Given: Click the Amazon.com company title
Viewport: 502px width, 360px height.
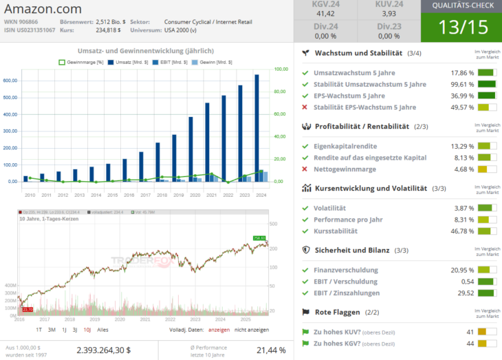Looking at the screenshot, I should (x=42, y=9).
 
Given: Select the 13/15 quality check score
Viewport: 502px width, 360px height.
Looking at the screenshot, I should (x=461, y=28).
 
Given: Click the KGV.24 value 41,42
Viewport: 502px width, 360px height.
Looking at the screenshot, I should (x=325, y=13).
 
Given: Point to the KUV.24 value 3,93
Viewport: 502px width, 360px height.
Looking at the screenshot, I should (x=389, y=13).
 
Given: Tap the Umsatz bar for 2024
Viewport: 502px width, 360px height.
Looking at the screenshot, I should (x=257, y=127).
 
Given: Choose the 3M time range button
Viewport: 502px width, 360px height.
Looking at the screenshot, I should (x=52, y=330).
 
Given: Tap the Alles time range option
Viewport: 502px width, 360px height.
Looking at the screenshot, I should (x=103, y=330).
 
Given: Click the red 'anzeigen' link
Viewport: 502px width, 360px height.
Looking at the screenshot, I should (x=219, y=330).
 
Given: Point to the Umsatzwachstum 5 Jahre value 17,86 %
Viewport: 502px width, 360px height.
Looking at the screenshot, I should (x=462, y=72).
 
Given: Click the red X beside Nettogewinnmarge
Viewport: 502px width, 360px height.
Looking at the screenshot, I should (x=305, y=169).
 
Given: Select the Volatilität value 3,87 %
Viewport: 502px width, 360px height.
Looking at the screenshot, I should (x=462, y=208).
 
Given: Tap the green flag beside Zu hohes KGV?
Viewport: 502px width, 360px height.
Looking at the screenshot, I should (x=305, y=343).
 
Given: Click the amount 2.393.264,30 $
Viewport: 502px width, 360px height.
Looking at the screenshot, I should (x=103, y=350).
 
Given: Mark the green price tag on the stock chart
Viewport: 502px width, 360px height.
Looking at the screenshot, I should (x=259, y=238).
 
